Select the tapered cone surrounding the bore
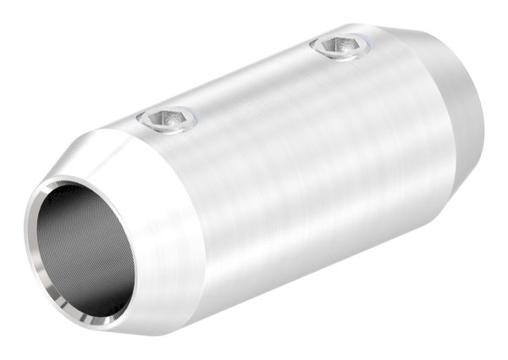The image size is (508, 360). tap(161, 212)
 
